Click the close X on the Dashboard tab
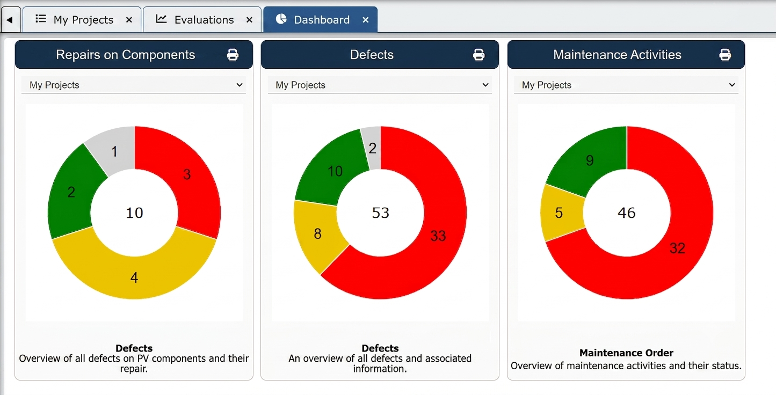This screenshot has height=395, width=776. point(365,20)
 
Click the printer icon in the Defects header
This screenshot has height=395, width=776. point(479,55)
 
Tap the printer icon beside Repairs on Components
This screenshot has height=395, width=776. point(233,55)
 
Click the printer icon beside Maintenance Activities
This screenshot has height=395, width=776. point(725,55)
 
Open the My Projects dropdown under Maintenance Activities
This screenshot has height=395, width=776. point(626,85)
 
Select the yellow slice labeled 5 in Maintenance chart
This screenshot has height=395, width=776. point(559,213)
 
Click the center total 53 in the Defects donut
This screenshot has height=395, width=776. point(380,213)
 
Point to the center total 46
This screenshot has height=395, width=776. point(627,213)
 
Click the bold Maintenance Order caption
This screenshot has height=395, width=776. point(626,353)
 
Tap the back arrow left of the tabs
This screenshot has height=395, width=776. point(10,20)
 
